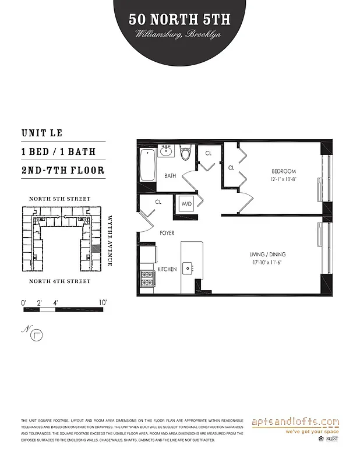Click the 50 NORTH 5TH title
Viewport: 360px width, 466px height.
pos(179,19)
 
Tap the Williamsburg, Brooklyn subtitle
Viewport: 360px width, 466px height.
pos(179,34)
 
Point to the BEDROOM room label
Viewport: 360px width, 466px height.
pos(284,171)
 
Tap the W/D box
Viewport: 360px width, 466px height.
pos(187,204)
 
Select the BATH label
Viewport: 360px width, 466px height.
pos(170,175)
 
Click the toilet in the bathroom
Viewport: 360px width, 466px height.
pos(186,153)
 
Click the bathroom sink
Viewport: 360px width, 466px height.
pos(166,151)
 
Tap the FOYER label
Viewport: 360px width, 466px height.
pos(167,233)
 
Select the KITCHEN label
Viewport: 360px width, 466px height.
pos(167,269)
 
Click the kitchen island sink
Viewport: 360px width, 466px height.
pos(188,269)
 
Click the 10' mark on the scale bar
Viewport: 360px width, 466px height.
pos(103,302)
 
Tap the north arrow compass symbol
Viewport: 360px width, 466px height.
pos(38,335)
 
